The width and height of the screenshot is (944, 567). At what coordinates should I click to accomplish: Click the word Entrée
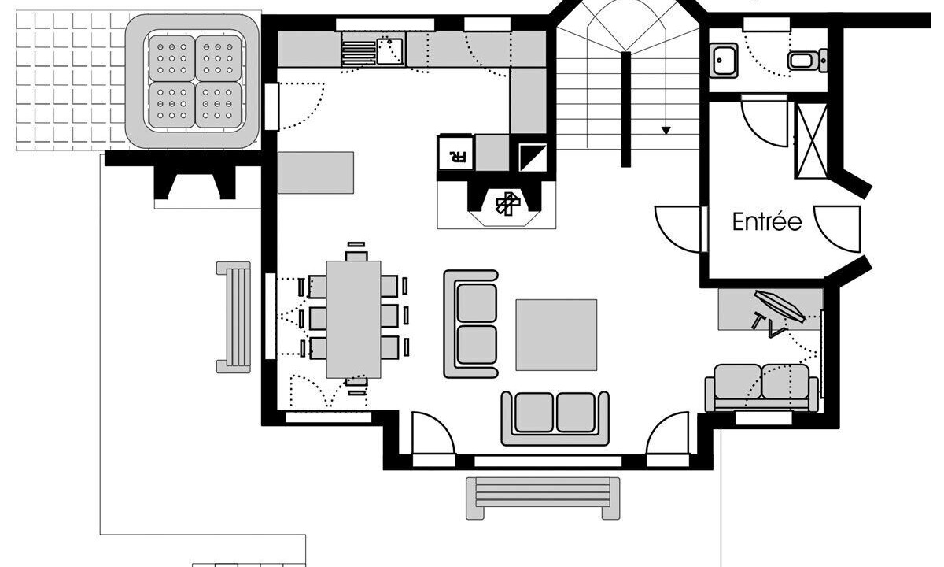(x=767, y=222)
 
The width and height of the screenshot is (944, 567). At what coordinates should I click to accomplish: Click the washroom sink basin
(x=724, y=61)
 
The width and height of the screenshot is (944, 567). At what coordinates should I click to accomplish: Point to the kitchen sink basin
(x=390, y=50)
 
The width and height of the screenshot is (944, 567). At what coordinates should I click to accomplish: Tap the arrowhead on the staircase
(x=666, y=131)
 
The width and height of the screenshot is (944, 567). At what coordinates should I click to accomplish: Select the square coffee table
(x=556, y=335)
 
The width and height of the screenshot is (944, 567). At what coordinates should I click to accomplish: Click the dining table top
(x=353, y=320)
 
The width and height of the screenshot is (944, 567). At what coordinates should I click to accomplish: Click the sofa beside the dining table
(x=471, y=324)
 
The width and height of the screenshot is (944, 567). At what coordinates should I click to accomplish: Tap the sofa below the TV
(x=762, y=388)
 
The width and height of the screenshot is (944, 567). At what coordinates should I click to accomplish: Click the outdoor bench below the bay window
(x=543, y=498)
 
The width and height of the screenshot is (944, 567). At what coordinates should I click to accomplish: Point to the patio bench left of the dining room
(x=234, y=317)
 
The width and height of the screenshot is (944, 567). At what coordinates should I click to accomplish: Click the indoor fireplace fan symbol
(x=508, y=204)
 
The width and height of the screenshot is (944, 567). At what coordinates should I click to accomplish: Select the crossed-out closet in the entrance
(x=811, y=140)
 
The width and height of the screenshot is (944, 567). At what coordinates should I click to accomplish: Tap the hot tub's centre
(x=195, y=81)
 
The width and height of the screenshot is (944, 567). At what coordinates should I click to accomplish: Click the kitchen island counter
(x=315, y=172)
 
